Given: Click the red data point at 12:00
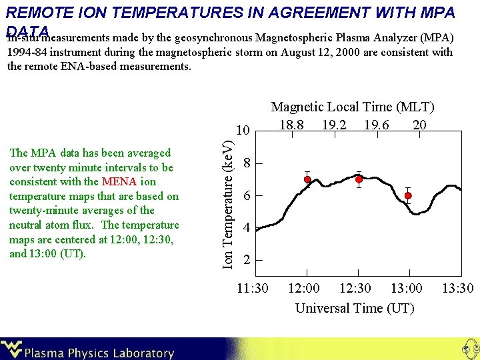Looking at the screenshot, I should [x=307, y=179].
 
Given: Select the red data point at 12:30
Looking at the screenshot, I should [x=359, y=179].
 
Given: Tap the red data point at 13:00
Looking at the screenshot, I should [x=408, y=195].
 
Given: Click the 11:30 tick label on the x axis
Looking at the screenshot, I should [x=253, y=289].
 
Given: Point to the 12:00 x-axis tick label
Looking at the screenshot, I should [x=303, y=289].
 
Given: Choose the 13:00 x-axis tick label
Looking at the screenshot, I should [x=407, y=289].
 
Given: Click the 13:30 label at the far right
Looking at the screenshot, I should [x=458, y=289].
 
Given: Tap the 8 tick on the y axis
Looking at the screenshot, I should [x=247, y=163].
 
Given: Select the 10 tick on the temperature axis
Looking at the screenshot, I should [x=244, y=130].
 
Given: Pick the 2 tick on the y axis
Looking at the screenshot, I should [x=247, y=260].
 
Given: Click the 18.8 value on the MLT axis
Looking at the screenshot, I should [x=292, y=125].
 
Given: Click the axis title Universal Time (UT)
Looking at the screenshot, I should [x=355, y=308].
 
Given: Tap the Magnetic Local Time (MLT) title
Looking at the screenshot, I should [x=352, y=107].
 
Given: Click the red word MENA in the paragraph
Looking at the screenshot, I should [x=119, y=181].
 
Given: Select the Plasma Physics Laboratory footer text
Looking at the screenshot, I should [x=99, y=353].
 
